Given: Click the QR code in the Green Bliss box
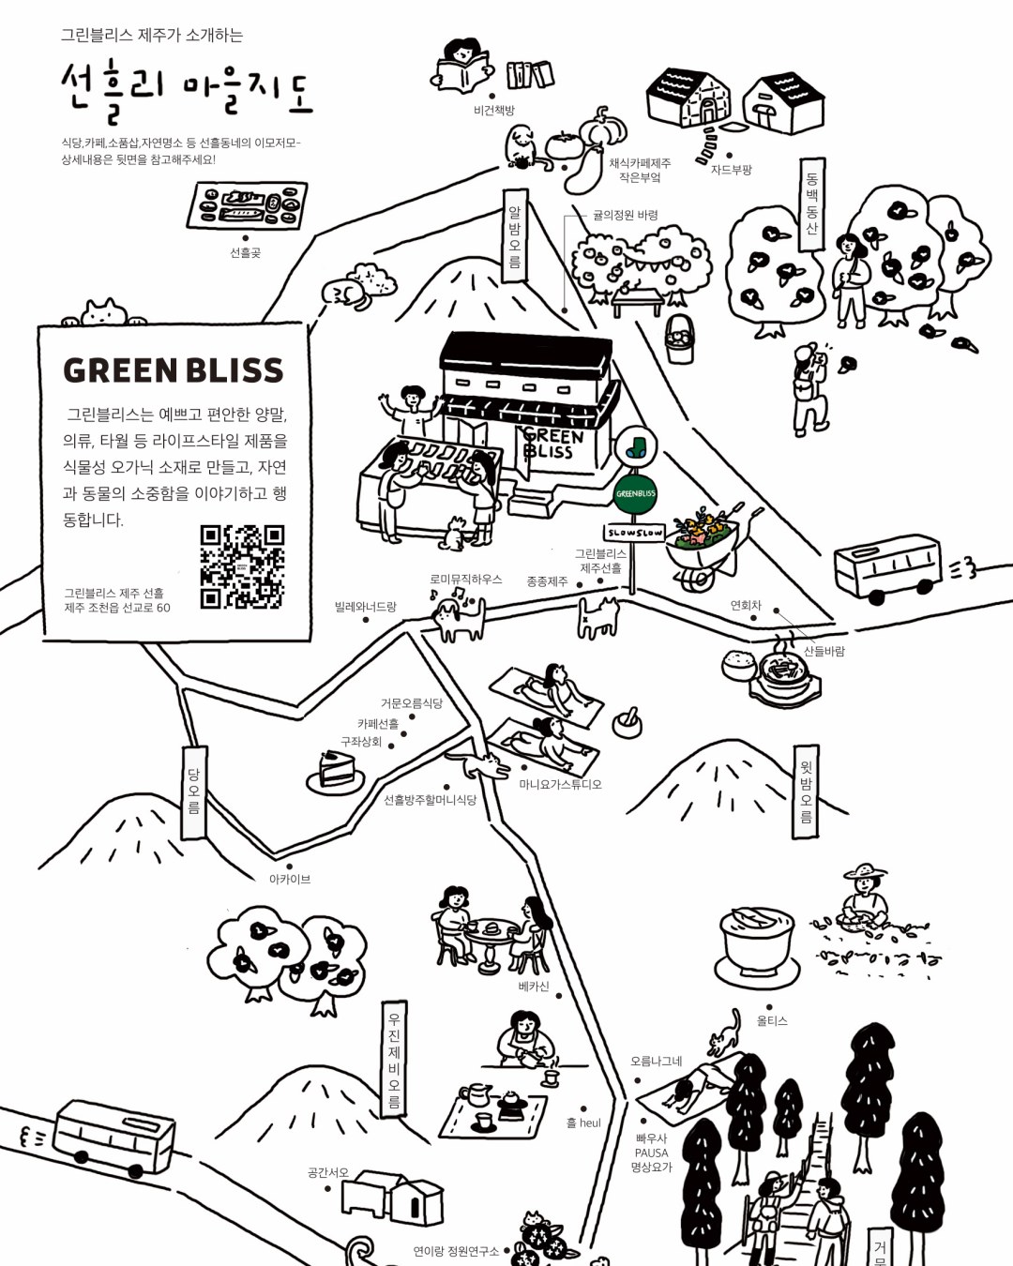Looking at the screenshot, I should click(x=242, y=565).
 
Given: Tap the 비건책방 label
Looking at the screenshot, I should click(x=494, y=111).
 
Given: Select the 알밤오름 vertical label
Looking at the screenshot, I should click(x=515, y=237).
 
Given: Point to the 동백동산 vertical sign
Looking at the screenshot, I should click(x=811, y=203).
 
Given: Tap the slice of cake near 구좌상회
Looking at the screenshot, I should click(x=327, y=772).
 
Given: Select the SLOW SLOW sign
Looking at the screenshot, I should click(x=635, y=533).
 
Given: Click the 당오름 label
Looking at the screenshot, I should click(x=193, y=791).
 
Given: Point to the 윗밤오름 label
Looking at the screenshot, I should click(x=805, y=790).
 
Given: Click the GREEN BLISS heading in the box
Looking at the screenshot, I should click(x=174, y=370).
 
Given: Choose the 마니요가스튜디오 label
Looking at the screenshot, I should click(x=560, y=784).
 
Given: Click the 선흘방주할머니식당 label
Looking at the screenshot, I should click(x=430, y=800).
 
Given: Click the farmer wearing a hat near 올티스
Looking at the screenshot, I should click(x=864, y=897).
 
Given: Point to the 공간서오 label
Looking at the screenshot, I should click(x=327, y=1172).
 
